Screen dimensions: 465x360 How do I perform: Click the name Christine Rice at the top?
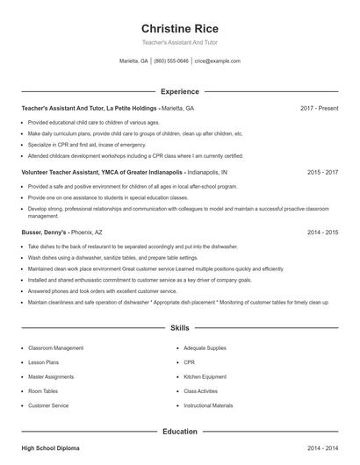pos(179,28)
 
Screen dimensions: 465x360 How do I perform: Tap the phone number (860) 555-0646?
pos(171,61)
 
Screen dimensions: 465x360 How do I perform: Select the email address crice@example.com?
pos(218,61)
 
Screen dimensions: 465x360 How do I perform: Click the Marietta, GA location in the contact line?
pos(133,61)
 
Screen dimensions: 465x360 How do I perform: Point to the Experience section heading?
pos(179,91)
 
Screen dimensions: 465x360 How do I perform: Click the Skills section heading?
pos(179,327)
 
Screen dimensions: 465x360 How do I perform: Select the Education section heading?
pos(179,431)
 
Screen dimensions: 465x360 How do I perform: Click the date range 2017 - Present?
pos(319,108)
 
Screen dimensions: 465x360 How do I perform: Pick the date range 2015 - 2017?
pos(322,173)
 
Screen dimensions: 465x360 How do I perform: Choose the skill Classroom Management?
pos(55,347)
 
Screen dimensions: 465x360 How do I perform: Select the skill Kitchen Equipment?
pos(205,376)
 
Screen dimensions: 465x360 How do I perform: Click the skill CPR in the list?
pos(190,361)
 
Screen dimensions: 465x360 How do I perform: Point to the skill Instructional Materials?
pos(208,405)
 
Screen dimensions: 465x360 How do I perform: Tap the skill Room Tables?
pos(43,391)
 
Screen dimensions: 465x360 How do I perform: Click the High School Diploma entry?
pos(50,448)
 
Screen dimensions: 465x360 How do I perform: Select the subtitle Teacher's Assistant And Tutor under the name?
pos(179,42)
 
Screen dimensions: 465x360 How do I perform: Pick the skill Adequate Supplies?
pos(205,347)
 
